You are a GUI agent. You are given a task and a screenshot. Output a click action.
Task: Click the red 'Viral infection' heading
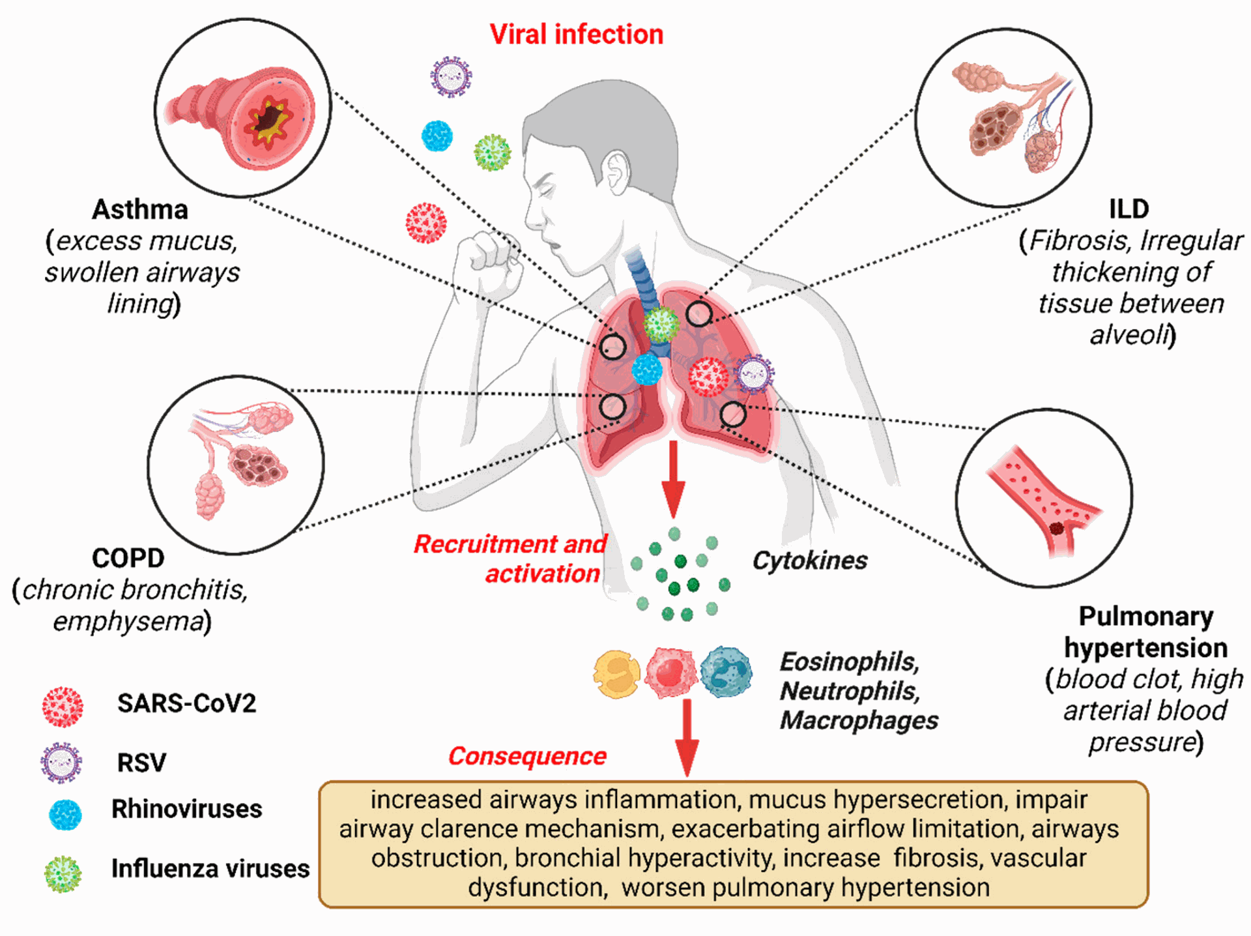click(576, 35)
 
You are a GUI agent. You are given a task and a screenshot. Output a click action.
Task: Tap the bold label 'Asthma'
click(140, 210)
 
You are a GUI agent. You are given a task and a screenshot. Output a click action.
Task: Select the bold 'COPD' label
click(128, 559)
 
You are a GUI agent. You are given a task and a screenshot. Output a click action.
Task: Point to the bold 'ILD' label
click(1129, 209)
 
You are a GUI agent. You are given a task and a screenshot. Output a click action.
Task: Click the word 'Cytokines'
click(810, 561)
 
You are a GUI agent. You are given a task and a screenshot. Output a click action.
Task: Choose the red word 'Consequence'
click(527, 756)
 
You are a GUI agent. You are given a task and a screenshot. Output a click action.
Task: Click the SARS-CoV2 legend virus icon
click(63, 707)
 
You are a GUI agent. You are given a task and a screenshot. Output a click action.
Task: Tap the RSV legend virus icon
click(61, 762)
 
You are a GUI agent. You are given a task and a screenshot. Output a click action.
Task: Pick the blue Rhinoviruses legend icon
click(65, 815)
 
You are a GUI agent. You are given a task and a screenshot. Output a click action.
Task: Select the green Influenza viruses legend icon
click(63, 874)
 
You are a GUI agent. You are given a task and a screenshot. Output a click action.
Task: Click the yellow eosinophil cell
click(616, 675)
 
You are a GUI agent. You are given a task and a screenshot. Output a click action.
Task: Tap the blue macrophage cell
click(726, 672)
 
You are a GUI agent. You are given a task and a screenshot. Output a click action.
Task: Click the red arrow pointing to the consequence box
click(687, 737)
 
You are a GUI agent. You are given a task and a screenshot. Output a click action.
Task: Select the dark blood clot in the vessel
click(1056, 529)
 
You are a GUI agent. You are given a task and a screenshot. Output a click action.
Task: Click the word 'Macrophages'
click(859, 721)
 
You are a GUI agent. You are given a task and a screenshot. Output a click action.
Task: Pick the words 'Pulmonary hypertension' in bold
click(1145, 632)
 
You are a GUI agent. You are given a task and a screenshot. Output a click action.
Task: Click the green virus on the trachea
click(661, 324)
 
